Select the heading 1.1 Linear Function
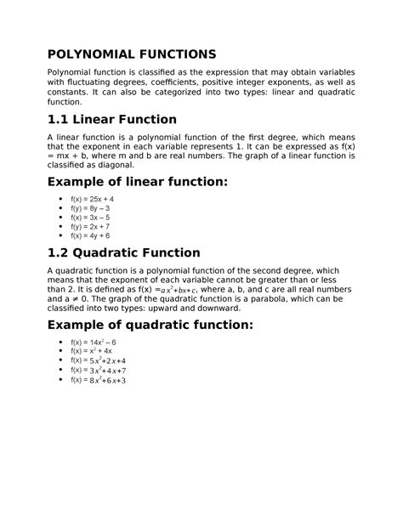coord(112,119)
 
